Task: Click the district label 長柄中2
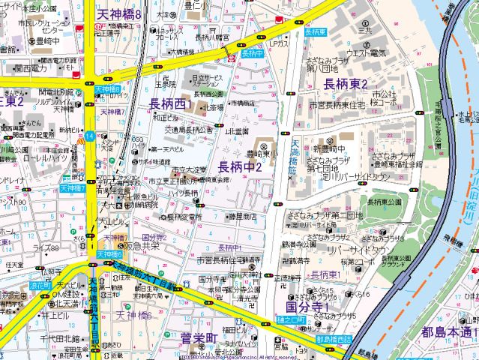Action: tap(239, 166)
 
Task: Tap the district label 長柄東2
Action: tap(346, 83)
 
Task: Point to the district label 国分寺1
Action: tap(309, 307)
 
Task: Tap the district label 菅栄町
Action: tap(198, 338)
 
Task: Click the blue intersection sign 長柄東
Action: tap(316, 33)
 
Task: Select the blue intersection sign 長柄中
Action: tap(253, 54)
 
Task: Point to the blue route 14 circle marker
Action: tap(89, 136)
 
